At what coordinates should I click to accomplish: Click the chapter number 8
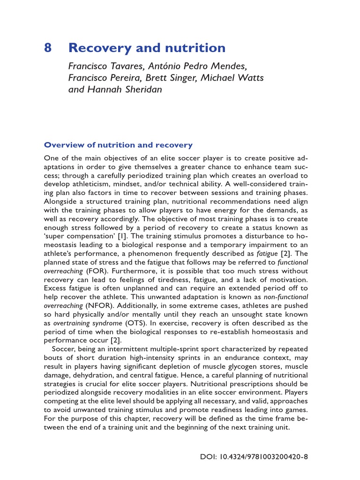point(48,48)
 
